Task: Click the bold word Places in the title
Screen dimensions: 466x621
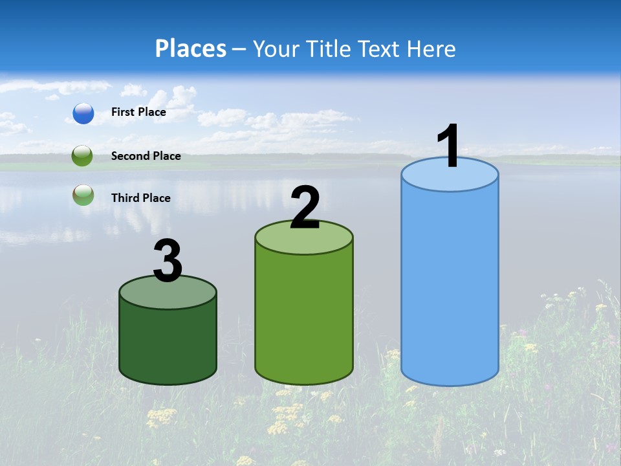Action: coord(191,49)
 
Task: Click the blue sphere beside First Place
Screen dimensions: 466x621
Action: coord(83,113)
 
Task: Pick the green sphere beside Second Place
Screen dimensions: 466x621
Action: coord(83,156)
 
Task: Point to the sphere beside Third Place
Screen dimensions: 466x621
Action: coord(83,195)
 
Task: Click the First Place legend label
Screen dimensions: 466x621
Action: coord(138,112)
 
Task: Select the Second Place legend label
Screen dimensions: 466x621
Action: coord(146,156)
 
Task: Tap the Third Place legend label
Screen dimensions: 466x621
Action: coord(140,198)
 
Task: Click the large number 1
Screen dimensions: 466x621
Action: coord(449,146)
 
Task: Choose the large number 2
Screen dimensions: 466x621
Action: coord(305,208)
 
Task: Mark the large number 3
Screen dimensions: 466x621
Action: coord(168,261)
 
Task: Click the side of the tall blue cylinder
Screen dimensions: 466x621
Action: coord(450,285)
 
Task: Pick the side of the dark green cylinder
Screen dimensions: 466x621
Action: coord(168,343)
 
